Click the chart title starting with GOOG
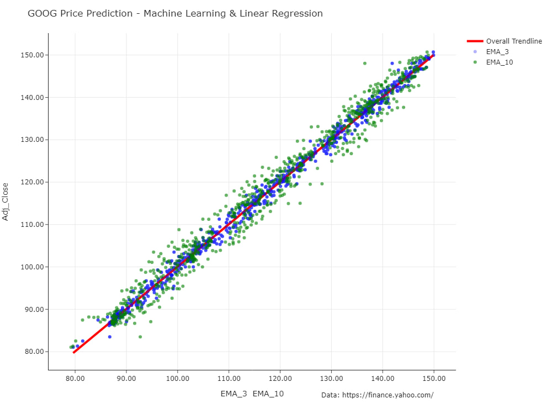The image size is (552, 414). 175,13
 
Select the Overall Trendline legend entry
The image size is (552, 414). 504,41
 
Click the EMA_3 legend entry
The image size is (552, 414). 491,52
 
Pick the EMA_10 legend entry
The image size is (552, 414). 493,62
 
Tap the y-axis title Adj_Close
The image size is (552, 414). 6,201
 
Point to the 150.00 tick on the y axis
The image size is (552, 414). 32,55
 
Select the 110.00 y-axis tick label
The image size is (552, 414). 32,225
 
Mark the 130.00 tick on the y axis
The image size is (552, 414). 32,140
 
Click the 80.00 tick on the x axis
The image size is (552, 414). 75,379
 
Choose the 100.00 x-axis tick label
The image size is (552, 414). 177,379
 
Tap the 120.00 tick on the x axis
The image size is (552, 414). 280,379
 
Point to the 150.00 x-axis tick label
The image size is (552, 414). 434,379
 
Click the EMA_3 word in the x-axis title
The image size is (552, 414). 233,394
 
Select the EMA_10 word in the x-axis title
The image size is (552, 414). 268,394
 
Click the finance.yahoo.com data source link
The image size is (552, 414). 388,395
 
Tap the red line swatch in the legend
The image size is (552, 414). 475,41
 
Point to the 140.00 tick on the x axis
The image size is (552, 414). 383,379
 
